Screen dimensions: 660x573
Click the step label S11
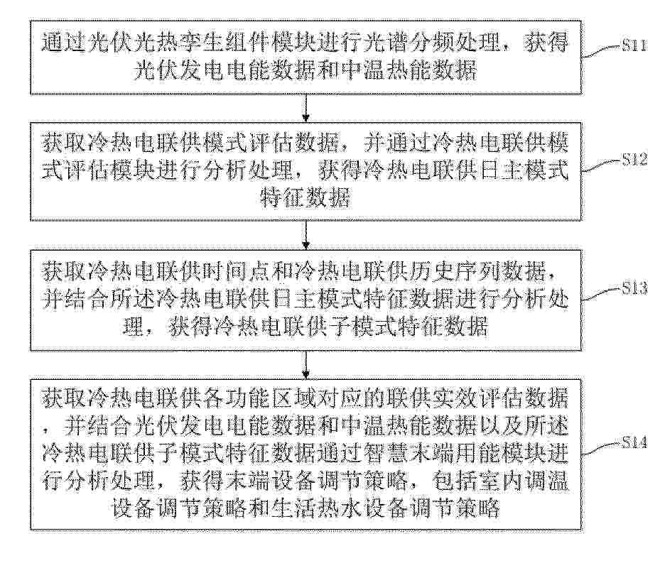coord(634,45)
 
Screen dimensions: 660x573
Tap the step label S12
coord(634,159)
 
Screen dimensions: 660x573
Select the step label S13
coord(634,288)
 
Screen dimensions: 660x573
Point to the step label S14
coord(634,442)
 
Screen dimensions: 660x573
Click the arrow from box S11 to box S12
coord(306,108)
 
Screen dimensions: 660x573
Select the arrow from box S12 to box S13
coord(306,235)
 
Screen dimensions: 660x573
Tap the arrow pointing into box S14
coord(306,365)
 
